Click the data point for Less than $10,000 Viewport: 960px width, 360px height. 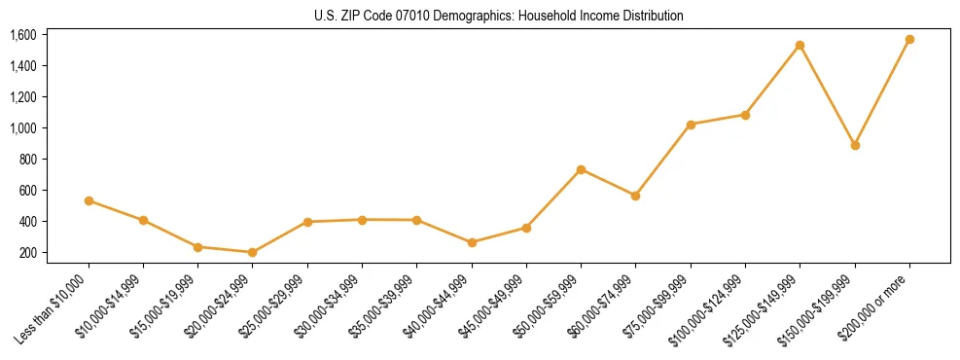click(x=89, y=200)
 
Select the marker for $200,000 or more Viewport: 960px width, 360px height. click(x=909, y=40)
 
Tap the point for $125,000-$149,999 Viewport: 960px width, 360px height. click(x=800, y=45)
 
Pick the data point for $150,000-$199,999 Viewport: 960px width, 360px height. click(x=855, y=145)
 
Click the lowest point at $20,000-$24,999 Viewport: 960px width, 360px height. click(x=252, y=252)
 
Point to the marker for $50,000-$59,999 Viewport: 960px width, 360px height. click(x=581, y=169)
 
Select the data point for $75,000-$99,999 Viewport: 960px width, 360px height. click(x=691, y=125)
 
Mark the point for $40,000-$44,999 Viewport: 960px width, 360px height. click(x=472, y=242)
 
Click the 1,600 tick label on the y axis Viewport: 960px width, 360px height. click(x=22, y=35)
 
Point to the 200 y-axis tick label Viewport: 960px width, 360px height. click(x=27, y=253)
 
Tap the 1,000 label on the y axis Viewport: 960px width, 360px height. click(x=22, y=128)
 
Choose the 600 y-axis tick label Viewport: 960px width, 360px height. click(x=27, y=191)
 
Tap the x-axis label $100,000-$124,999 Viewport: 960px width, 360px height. click(x=711, y=308)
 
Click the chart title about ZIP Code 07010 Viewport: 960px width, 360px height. click(x=499, y=17)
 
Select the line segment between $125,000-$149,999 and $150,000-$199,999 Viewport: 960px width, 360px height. click(x=828, y=95)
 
